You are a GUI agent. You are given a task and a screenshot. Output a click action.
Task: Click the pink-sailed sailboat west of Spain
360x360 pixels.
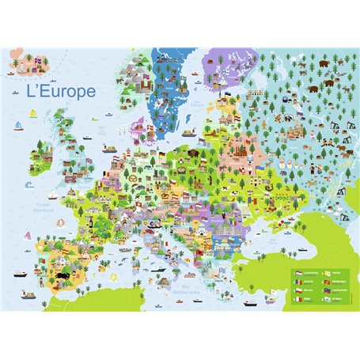click(28, 236)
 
